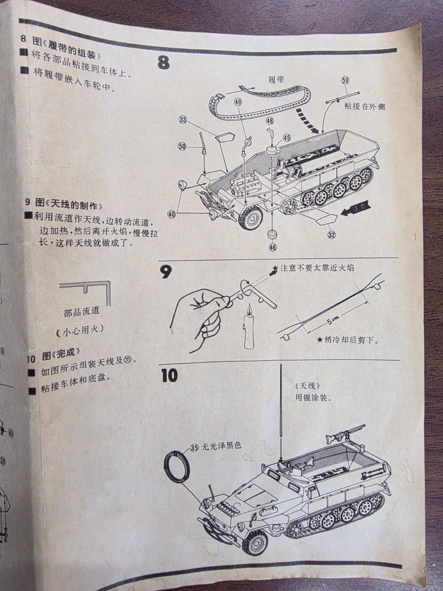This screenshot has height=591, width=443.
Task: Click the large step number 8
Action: pos(164,63)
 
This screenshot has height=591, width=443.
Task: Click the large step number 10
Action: pos(169,375)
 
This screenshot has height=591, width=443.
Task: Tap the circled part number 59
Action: pos(345,81)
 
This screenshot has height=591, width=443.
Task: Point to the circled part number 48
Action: pos(269,121)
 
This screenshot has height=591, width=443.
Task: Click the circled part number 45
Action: pos(287,138)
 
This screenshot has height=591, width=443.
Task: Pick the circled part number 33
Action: pos(182,119)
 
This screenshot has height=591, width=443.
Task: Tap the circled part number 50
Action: pos(182,146)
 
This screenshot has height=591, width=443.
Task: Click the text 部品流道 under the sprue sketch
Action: pos(81,311)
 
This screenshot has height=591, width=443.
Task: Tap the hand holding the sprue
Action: pos(199,314)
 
